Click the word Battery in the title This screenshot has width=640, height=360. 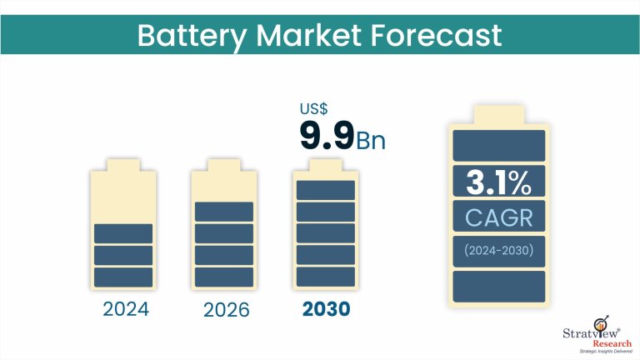189,35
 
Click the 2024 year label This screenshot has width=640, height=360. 125,310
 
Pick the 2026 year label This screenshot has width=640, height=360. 226,310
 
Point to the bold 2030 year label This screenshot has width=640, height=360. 326,310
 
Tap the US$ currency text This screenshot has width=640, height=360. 314,108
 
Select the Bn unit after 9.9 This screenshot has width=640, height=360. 371,139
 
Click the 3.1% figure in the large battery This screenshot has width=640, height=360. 499,181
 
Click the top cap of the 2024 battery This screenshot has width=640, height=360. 124,165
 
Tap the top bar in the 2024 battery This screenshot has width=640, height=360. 124,233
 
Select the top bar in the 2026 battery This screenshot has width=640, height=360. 224,212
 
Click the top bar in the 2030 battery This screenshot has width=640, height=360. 326,190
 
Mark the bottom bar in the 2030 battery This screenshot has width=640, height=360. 326,277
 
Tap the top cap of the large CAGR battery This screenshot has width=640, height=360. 499,112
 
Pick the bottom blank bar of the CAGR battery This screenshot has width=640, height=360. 499,286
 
